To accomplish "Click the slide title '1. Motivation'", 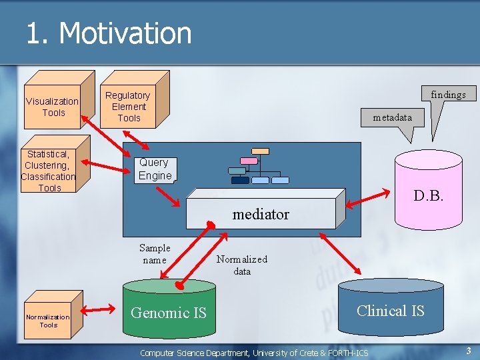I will tap(109, 33).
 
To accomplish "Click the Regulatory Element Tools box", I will tap(128, 107).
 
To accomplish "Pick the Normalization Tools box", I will tap(48, 321).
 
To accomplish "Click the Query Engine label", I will tap(155, 169).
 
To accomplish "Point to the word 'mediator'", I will tap(261, 214).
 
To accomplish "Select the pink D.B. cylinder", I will tap(429, 193).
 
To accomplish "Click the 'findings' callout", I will tap(447, 95).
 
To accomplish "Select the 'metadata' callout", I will tap(392, 117).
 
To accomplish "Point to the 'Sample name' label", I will tap(155, 254).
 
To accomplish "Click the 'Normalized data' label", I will tap(241, 265).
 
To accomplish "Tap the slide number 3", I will tap(469, 351).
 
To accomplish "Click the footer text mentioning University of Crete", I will tap(254, 353).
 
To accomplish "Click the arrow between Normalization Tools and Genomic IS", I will tap(102, 309).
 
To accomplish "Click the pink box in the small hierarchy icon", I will tap(248, 161).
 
